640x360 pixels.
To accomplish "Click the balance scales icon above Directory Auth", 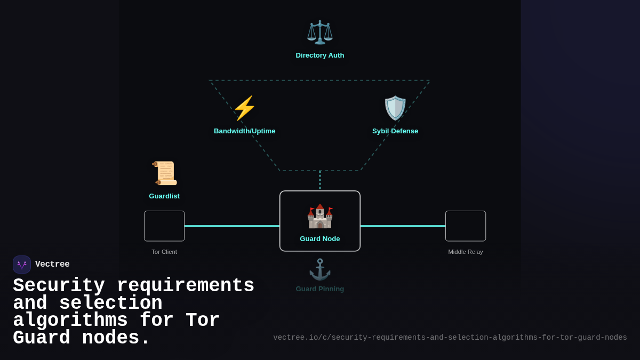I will [x=320, y=32].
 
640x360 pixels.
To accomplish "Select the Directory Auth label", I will [x=320, y=55].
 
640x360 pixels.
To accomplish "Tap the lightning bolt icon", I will [x=244, y=108].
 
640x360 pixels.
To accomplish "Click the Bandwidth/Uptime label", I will [x=244, y=131].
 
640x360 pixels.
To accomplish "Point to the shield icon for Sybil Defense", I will [x=395, y=108].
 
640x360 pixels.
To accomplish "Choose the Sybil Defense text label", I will [x=395, y=131].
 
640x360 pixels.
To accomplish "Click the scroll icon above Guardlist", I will [x=164, y=173].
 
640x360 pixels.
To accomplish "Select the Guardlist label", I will [x=164, y=196].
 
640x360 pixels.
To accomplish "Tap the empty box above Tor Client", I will [x=164, y=226].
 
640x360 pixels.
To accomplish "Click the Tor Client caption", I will [x=164, y=252].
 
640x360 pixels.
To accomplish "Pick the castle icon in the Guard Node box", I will [x=320, y=216].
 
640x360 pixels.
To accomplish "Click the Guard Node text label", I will [x=320, y=239].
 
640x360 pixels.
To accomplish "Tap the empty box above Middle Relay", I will [x=466, y=226].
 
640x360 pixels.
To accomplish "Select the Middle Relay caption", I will [x=466, y=252].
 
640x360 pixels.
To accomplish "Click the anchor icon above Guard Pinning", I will [x=320, y=269].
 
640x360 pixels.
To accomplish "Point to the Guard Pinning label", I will [x=320, y=289].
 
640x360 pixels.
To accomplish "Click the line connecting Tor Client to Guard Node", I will [x=232, y=226].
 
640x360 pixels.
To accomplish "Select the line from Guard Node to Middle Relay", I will [x=403, y=226].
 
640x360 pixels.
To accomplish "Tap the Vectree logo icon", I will [x=22, y=265].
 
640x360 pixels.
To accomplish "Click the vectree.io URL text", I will [x=450, y=338].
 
